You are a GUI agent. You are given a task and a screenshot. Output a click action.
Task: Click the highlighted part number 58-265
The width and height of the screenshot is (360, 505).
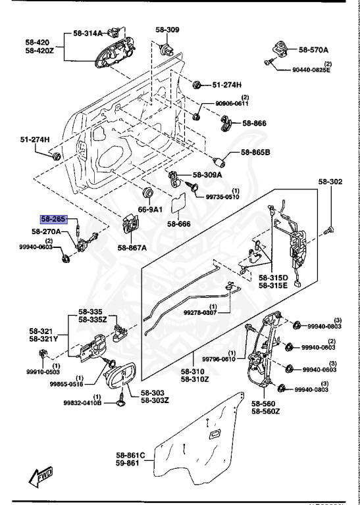pos(54,220)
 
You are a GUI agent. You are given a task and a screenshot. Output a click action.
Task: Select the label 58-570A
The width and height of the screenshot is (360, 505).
pos(314,49)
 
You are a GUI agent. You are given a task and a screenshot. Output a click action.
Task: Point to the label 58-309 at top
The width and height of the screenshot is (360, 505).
pos(167,30)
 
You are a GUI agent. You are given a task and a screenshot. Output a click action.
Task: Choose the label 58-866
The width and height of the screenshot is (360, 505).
pos(254,123)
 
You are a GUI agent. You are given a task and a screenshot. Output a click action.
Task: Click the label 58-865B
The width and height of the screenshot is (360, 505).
pos(255,153)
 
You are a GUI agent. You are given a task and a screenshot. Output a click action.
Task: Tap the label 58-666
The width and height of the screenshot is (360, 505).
pos(178,224)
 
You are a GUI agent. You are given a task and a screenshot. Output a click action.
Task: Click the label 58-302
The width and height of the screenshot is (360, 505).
pos(330,181)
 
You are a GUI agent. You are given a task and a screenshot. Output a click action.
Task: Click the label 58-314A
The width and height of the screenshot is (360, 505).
pos(88,34)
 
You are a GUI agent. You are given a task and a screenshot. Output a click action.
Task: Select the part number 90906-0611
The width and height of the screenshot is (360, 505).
pos(232,104)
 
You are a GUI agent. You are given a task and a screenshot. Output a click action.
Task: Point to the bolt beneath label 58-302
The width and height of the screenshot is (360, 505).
pos(330,229)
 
